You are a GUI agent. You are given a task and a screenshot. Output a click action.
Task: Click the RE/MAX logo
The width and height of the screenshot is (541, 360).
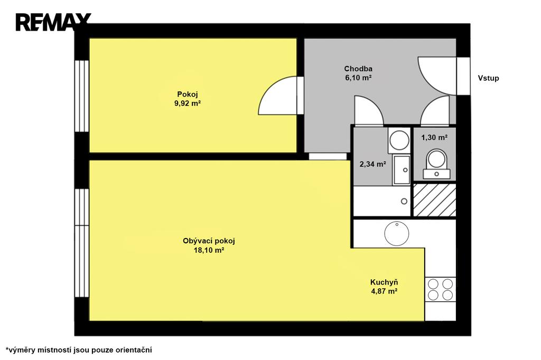coord(53,22)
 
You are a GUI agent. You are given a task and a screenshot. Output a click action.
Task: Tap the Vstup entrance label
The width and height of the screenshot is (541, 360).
coord(488,78)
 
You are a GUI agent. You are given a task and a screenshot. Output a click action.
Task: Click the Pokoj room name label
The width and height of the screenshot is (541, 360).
coord(188,94)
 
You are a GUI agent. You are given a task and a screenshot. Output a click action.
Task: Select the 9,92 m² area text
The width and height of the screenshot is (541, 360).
coord(188,103)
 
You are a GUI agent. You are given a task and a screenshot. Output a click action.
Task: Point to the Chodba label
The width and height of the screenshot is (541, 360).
coord(358,69)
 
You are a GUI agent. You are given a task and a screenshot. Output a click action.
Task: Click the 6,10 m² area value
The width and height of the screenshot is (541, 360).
coord(358,78)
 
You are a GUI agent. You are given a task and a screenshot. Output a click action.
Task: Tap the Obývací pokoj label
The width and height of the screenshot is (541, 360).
coord(209,241)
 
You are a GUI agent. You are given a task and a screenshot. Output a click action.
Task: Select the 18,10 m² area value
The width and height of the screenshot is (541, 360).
coord(209,250)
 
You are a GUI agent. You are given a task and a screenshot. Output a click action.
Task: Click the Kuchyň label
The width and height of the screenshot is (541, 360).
coord(384,282)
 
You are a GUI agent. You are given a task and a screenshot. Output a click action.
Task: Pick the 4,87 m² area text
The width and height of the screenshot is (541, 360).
coord(384,291)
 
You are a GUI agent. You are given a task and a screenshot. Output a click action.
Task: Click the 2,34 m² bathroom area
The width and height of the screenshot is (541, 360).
coord(372,164)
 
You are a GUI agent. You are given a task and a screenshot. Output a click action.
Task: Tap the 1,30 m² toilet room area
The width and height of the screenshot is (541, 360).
coord(434,138)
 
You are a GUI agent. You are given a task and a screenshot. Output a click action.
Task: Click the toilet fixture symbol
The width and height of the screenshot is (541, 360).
coord(436,164)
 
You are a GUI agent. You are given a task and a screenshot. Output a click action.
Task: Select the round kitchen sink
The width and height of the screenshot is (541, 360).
coord(397,233)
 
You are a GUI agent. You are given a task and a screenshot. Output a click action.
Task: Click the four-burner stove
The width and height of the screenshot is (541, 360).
coord(440,290)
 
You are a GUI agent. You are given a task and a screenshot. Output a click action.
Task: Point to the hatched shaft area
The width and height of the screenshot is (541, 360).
coord(435,200)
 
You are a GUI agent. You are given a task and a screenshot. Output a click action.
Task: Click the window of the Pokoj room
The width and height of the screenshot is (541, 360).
coord(82,96)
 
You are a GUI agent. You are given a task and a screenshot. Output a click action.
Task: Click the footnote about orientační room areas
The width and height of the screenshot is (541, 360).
coord(79,350)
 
